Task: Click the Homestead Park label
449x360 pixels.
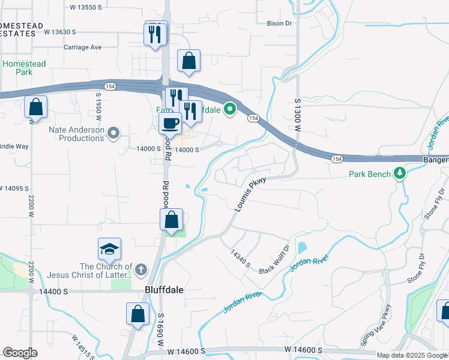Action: click(x=24, y=67)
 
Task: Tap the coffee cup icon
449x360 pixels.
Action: click(x=169, y=123)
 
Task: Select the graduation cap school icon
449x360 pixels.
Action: click(x=109, y=249)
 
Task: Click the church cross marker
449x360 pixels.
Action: click(x=141, y=271)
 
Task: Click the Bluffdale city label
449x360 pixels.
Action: click(x=164, y=289)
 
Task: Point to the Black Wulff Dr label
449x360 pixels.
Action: click(x=274, y=259)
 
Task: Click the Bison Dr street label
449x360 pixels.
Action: click(x=280, y=23)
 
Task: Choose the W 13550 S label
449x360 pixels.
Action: click(x=91, y=8)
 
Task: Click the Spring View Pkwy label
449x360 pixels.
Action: click(x=376, y=325)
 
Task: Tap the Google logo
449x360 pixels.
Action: click(x=20, y=353)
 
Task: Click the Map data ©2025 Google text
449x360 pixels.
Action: click(x=412, y=355)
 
